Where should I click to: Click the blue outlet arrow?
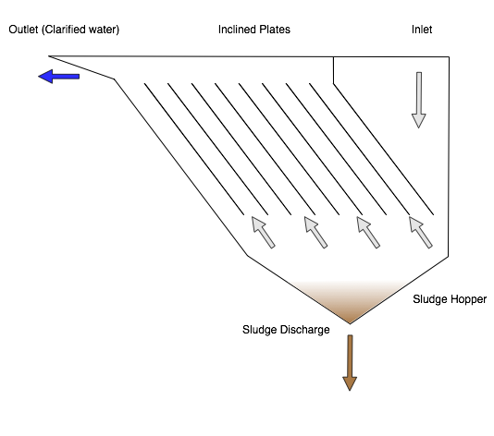[58, 76]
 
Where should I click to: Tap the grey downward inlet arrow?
[419, 100]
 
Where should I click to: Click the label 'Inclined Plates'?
[253, 30]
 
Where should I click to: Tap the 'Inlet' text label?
[421, 30]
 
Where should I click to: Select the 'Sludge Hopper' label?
[449, 299]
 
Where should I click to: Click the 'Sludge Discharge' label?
[286, 330]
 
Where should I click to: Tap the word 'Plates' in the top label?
[274, 30]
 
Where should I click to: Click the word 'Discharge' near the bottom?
[304, 330]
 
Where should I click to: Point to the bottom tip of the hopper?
[350, 323]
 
